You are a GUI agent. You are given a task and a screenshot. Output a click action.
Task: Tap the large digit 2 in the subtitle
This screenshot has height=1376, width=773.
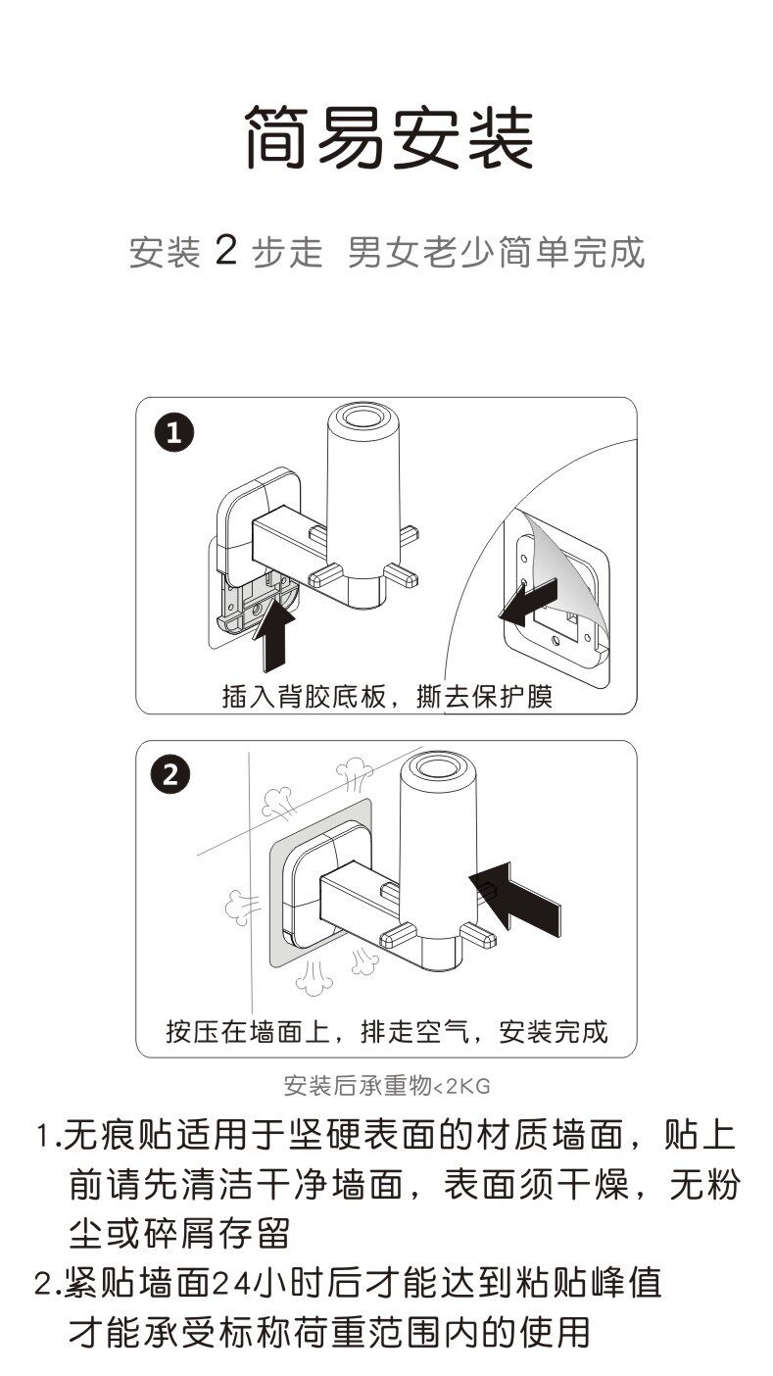(x=225, y=252)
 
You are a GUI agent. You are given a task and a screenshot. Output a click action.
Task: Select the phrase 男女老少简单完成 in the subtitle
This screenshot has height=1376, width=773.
(x=497, y=253)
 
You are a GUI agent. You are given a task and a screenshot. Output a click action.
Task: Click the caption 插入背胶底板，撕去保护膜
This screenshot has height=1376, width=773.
(x=387, y=696)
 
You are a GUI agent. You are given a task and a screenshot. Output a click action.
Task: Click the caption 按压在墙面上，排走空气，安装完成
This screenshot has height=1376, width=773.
(x=387, y=1031)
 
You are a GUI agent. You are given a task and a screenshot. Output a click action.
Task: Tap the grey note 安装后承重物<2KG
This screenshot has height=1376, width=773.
(x=386, y=1086)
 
